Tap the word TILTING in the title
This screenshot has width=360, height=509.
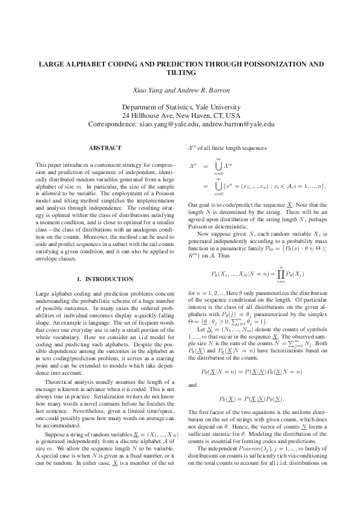(x=180, y=72)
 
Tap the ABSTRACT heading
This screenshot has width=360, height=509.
(x=105, y=148)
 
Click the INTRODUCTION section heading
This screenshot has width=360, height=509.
(x=109, y=279)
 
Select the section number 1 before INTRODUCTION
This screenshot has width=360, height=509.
(x=79, y=279)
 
